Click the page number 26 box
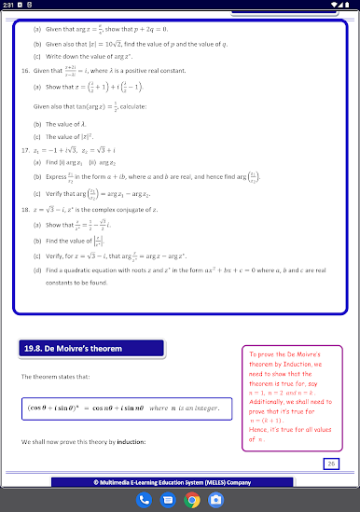pos(331,464)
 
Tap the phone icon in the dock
pos(145,500)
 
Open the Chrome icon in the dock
pos(192,500)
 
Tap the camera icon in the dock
pos(215,500)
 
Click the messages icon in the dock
pos(168,500)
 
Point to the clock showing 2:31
pos(8,6)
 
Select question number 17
pos(24,149)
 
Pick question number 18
pos(24,210)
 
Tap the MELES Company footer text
pos(180,482)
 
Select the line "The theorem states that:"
pos(52,376)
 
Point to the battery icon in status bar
pos(350,6)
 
